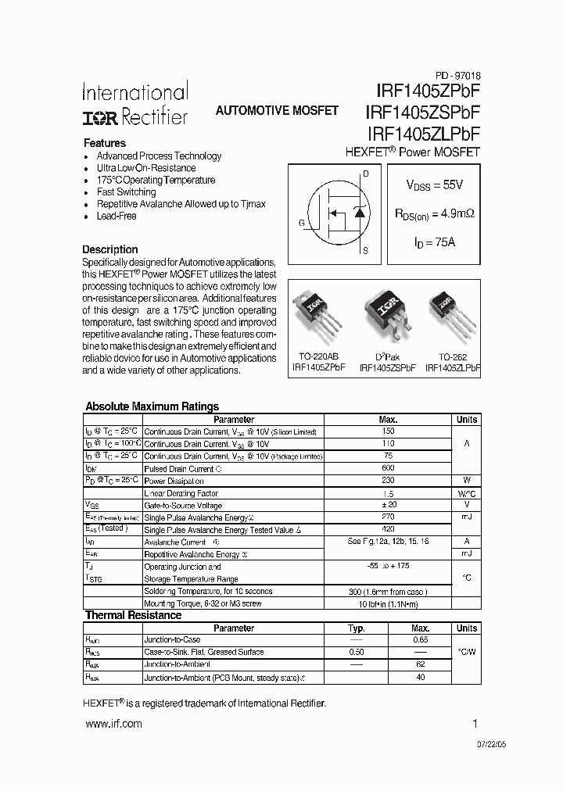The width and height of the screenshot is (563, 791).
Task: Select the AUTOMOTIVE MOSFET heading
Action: coord(277,111)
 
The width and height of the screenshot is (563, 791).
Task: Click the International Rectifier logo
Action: coord(134,105)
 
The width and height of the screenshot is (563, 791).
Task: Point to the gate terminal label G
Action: coord(302,222)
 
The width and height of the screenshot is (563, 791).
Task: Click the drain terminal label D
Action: coord(365,172)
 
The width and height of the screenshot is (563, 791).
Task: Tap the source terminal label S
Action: coord(365,252)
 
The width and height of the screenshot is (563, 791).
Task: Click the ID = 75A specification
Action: coord(435,242)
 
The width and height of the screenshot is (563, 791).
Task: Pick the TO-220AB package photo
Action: coord(316,313)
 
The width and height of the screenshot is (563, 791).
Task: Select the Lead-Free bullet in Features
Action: coord(117,216)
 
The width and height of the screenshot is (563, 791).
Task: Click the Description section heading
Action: coord(110,249)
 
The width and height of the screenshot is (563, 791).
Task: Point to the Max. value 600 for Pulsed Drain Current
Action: coord(388,468)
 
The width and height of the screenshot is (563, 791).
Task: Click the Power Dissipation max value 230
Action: coord(388,481)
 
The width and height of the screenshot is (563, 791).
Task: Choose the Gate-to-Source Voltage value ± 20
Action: coord(388,506)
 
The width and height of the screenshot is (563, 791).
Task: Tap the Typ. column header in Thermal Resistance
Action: coord(357,628)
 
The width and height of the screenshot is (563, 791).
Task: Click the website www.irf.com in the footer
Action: coord(113,724)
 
